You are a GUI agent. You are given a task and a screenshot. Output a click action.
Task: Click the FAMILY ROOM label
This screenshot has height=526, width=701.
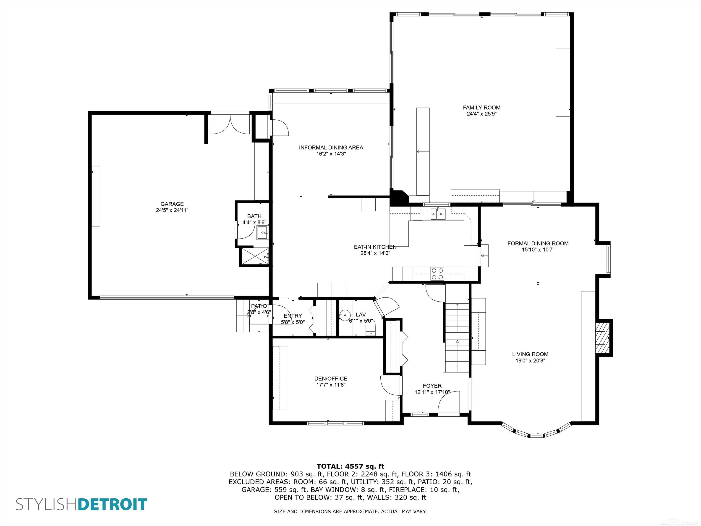coord(481,108)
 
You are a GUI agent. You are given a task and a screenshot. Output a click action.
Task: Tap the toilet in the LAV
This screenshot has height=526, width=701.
coord(370,328)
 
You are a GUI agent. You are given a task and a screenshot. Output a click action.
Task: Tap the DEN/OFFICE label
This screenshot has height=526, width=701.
coord(331,379)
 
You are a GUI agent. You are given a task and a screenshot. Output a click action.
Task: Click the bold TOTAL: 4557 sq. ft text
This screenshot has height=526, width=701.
coord(350,466)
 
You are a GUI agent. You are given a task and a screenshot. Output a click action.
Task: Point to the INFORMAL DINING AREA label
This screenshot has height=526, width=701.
coord(331,147)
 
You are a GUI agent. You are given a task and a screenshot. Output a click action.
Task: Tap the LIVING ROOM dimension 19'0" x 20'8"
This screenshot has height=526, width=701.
coord(530,360)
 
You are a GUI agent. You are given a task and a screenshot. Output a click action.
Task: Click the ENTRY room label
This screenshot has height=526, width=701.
coord(293,316)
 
